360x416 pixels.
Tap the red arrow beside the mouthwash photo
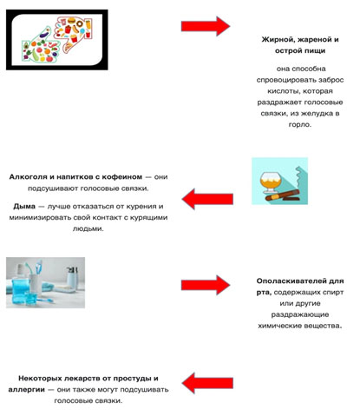point(205,285)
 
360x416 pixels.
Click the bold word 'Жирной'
point(279,39)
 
